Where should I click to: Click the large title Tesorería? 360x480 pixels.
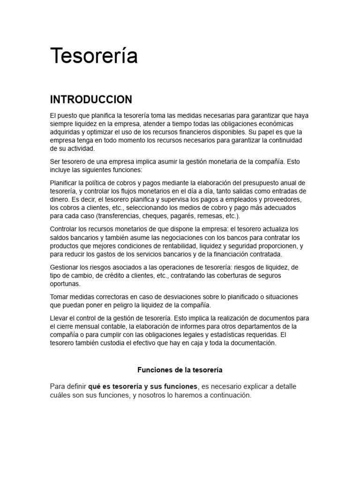(x=94, y=56)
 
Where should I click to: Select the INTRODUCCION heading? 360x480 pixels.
(x=91, y=99)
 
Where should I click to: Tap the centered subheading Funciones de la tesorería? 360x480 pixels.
(x=180, y=370)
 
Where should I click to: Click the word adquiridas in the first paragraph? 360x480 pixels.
(x=66, y=132)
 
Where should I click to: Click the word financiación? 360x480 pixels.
(x=227, y=254)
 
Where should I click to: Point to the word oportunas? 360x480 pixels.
(x=65, y=284)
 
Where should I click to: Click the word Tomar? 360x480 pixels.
(x=59, y=297)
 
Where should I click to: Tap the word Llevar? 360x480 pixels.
(x=59, y=318)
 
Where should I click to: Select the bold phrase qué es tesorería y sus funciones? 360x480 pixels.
(x=142, y=386)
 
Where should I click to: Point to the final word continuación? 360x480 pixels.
(x=228, y=395)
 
